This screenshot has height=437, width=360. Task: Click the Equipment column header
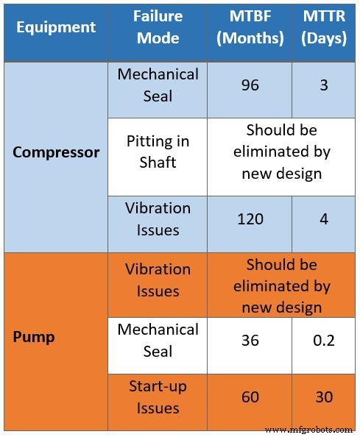tap(57, 27)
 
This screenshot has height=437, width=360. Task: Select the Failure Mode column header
tap(158, 27)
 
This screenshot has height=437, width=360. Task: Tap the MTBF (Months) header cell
tap(249, 27)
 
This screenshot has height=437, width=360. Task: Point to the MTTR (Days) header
tap(323, 27)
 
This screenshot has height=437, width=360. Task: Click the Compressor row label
tap(57, 153)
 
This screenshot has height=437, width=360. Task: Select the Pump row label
tap(34, 338)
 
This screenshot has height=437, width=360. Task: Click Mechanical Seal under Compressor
tap(158, 85)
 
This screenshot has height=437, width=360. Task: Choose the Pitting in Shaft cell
tap(158, 152)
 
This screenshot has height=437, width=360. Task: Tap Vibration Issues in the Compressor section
tap(158, 218)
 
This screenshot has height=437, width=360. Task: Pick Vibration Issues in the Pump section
tap(158, 280)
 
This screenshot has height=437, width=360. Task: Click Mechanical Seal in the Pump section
tap(158, 341)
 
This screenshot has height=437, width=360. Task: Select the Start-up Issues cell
tap(158, 397)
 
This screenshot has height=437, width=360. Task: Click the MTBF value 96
tap(250, 85)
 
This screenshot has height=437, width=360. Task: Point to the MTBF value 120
tap(250, 218)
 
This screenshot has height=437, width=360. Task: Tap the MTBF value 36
tap(250, 341)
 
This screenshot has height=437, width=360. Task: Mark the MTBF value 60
tap(250, 397)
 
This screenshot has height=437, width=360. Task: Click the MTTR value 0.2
tap(323, 341)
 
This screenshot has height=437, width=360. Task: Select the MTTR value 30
tap(323, 397)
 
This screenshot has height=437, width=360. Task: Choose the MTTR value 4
tap(323, 218)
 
